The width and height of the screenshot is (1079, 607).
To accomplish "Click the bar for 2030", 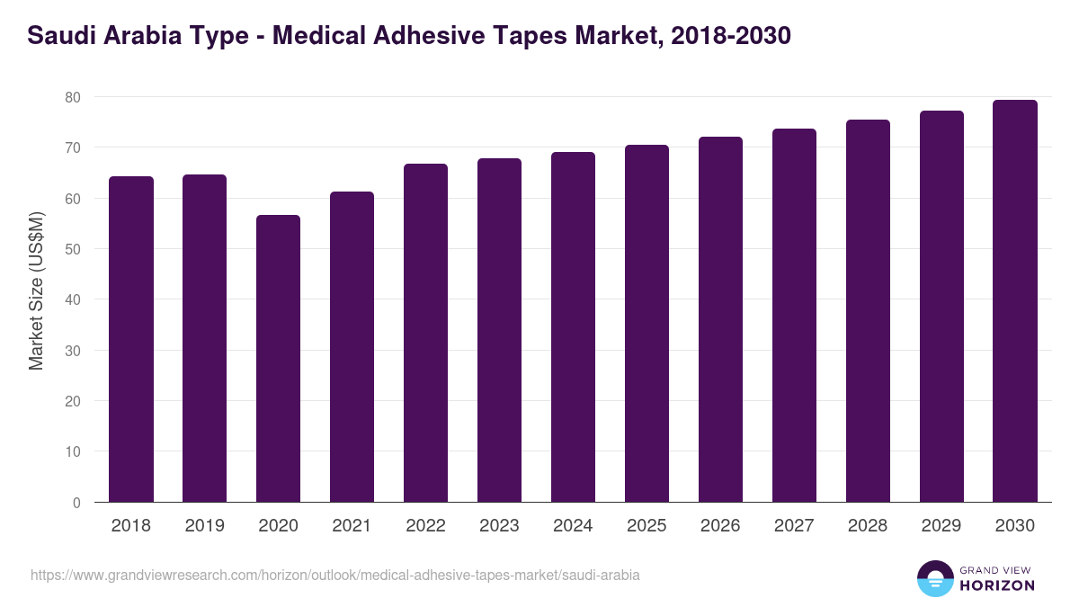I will pos(1015,300).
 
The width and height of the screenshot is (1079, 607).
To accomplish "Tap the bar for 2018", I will pos(131,339).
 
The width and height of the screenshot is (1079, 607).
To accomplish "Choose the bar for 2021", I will pos(352,346).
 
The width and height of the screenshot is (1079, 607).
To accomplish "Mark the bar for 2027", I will pos(794,315).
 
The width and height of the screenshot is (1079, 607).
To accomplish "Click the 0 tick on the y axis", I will pos(76,503).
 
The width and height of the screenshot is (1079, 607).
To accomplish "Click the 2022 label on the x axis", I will pos(425,526).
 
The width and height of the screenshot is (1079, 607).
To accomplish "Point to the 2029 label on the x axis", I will pos(941,526).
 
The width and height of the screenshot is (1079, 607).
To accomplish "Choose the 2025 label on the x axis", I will pos(647,526).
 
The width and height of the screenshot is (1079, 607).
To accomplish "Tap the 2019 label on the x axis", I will pos(204,526).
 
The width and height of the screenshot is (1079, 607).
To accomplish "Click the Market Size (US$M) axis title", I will pos(36,290).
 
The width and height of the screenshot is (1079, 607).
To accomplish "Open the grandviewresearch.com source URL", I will pos(334,575).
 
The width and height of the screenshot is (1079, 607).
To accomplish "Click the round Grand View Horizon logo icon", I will pos(934,578).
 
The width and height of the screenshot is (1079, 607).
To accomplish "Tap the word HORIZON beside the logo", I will pos(997,585).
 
